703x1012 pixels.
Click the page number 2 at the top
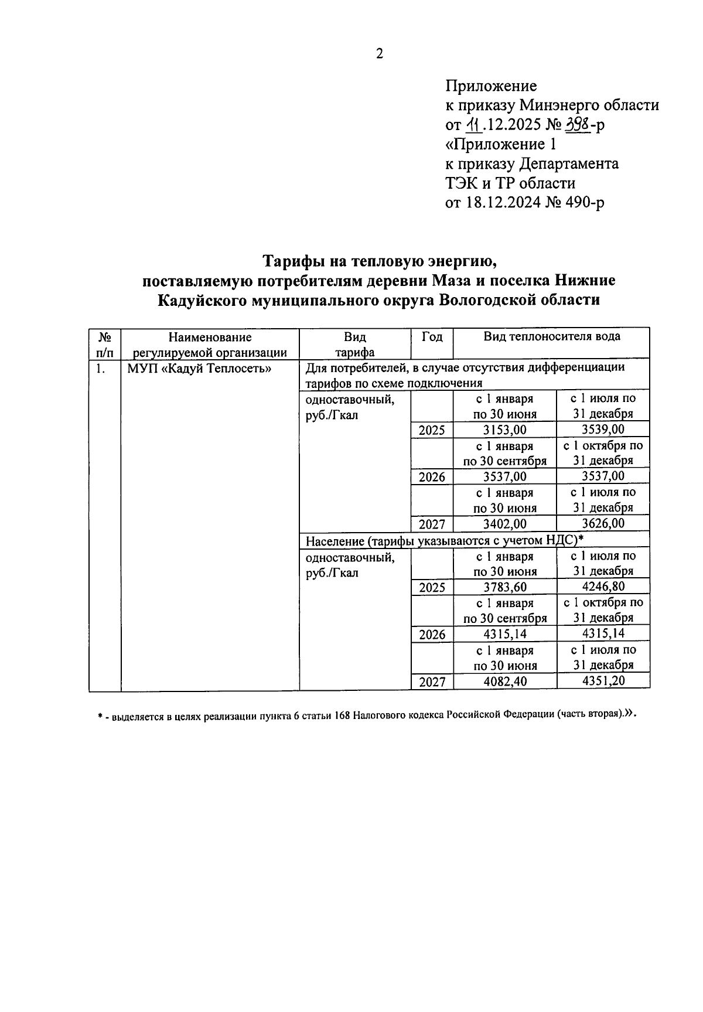pyautogui.click(x=379, y=54)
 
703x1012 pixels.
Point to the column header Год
pyautogui.click(x=432, y=337)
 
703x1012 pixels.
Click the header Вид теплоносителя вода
pyautogui.click(x=551, y=336)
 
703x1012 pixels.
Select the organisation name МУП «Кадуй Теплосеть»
pyautogui.click(x=199, y=369)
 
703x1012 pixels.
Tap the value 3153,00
pyautogui.click(x=504, y=430)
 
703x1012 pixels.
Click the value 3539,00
pyautogui.click(x=603, y=430)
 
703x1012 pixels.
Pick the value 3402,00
pyautogui.click(x=504, y=524)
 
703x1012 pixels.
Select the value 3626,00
pyautogui.click(x=603, y=523)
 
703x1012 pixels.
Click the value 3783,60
pyautogui.click(x=504, y=587)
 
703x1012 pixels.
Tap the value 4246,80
pyautogui.click(x=603, y=587)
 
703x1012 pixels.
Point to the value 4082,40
pyautogui.click(x=504, y=682)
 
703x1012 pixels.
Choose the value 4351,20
pyautogui.click(x=603, y=681)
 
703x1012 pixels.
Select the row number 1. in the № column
pyautogui.click(x=101, y=369)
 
